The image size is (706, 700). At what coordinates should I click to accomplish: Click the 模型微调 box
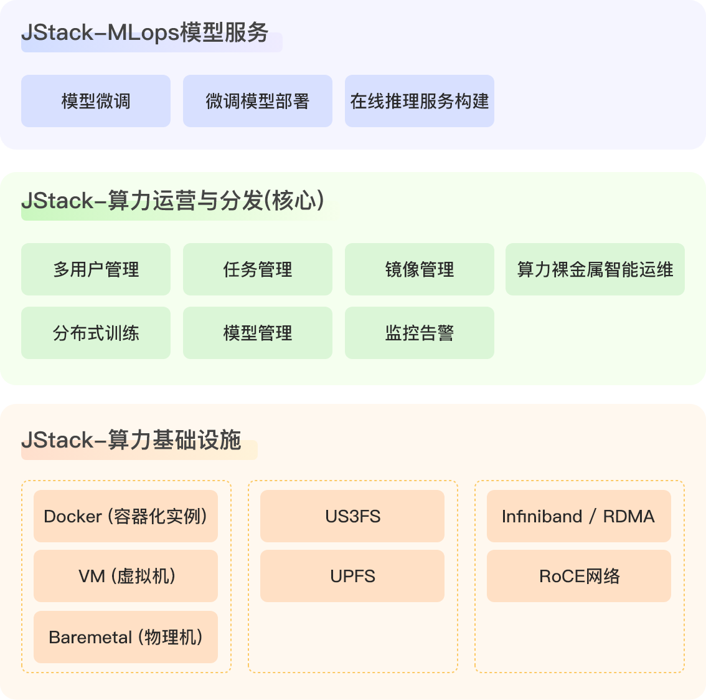click(96, 101)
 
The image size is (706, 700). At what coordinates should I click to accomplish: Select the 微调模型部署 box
click(258, 101)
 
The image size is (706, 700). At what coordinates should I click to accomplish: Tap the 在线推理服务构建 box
click(420, 101)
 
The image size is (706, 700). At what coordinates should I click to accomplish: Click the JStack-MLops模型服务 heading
click(145, 32)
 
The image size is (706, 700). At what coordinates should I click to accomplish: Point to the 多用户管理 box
click(96, 269)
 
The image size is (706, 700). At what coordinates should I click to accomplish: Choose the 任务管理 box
click(258, 269)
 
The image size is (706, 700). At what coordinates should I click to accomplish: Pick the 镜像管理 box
click(420, 269)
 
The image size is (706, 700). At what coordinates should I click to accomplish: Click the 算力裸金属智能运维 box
click(595, 269)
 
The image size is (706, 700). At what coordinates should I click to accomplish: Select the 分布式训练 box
click(96, 333)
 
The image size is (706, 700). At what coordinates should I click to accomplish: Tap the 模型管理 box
click(258, 333)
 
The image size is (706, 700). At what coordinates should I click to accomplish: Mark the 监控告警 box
click(420, 333)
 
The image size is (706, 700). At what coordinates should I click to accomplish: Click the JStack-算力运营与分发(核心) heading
click(173, 201)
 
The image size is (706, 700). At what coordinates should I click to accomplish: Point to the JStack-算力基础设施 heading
click(131, 440)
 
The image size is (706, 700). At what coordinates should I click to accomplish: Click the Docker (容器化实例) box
click(126, 516)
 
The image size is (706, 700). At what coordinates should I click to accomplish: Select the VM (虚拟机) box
click(126, 576)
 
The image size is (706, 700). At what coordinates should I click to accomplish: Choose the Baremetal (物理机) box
click(126, 637)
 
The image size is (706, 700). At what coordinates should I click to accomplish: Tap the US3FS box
click(352, 516)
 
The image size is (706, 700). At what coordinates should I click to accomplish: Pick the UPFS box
click(352, 576)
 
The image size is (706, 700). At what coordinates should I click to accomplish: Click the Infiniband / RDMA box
click(579, 516)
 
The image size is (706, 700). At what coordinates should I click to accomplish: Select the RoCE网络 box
click(579, 576)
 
